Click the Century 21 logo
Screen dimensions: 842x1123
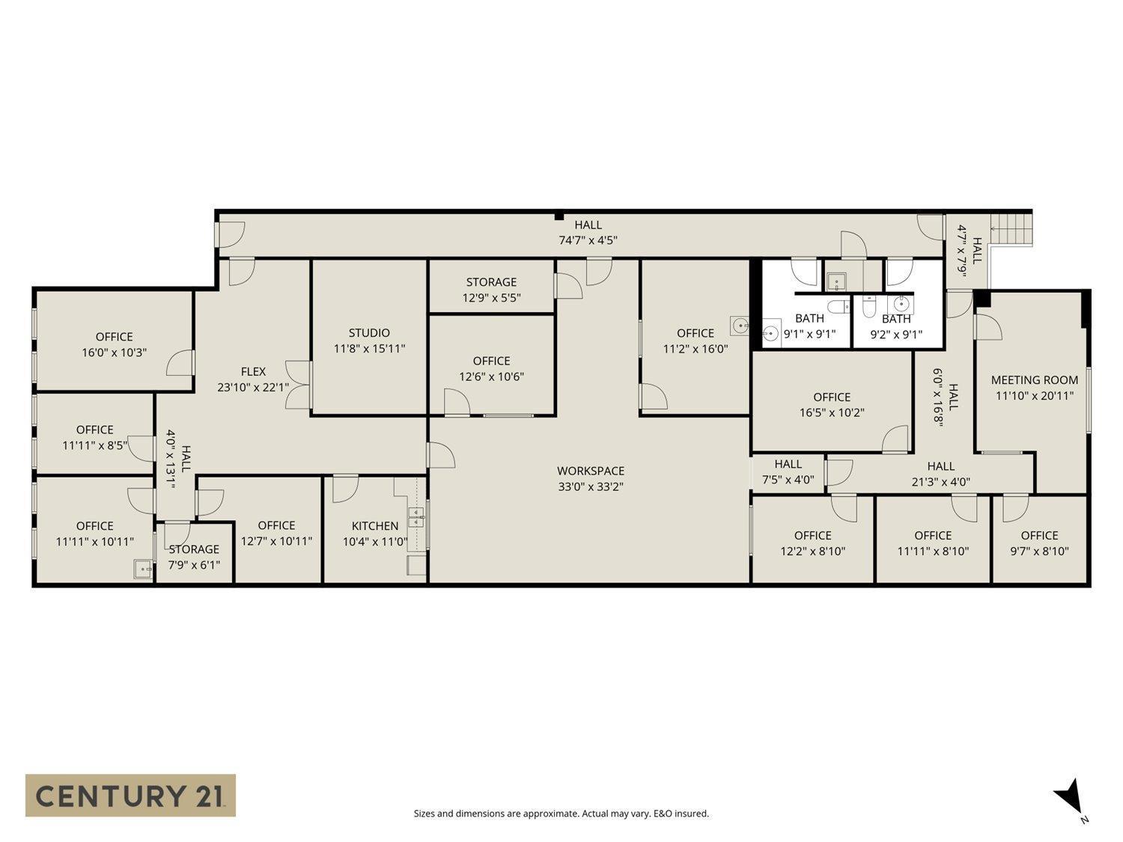tap(130, 795)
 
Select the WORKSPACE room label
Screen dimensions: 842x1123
tap(590, 471)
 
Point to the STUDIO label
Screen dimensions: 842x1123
tap(369, 333)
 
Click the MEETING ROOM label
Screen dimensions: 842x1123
tap(1034, 380)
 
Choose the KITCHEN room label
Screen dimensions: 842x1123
tap(375, 526)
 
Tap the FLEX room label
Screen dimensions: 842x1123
tap(253, 372)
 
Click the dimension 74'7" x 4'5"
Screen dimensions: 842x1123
tap(588, 241)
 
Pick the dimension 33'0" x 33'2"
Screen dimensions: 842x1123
tap(590, 486)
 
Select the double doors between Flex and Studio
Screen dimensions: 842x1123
tap(299, 385)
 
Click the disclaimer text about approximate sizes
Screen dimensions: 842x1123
tap(561, 814)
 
